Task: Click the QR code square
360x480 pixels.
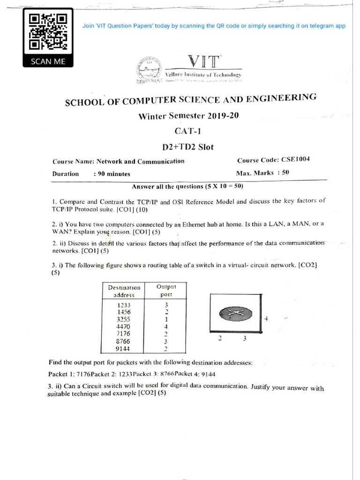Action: click(x=48, y=32)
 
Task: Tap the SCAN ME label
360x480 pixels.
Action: click(x=48, y=61)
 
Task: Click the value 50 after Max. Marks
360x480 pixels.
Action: click(x=285, y=172)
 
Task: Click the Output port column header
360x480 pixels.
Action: click(x=166, y=290)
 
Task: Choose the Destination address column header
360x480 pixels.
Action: click(x=124, y=291)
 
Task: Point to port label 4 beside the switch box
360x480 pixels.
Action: click(x=266, y=318)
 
